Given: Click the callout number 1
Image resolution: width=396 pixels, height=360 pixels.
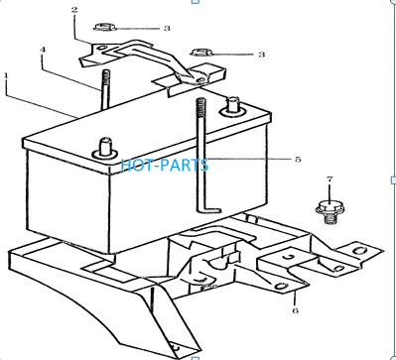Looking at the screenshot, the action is [x=6, y=75].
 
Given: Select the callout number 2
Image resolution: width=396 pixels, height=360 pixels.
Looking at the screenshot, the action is [x=74, y=10].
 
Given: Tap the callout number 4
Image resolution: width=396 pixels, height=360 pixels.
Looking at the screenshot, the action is [x=43, y=50].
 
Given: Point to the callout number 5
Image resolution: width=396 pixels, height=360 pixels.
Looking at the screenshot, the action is [x=298, y=160].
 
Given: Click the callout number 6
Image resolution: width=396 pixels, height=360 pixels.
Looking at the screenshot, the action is [x=295, y=310].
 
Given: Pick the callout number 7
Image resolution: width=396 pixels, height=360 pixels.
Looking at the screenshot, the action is [x=330, y=180].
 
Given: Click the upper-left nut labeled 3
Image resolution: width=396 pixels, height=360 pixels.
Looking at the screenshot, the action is [x=105, y=27].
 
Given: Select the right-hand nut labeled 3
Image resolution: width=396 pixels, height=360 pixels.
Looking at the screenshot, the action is [x=202, y=52].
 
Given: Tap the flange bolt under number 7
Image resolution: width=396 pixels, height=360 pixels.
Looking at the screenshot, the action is [x=329, y=211].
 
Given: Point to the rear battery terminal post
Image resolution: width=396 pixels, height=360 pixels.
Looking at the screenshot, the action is [x=233, y=106].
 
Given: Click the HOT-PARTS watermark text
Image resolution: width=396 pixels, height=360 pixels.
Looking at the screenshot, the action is [x=165, y=165].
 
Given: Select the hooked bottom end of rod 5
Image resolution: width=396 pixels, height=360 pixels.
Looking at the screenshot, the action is [x=209, y=210].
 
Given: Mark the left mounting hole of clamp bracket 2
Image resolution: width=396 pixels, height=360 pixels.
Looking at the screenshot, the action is [x=102, y=49].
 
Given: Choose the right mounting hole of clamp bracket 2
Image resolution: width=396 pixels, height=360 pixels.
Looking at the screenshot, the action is [x=198, y=79].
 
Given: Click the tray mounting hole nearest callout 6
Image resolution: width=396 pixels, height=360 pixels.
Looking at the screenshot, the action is [x=280, y=286].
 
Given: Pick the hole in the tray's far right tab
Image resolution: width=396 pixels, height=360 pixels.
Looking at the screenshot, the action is [x=358, y=250].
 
